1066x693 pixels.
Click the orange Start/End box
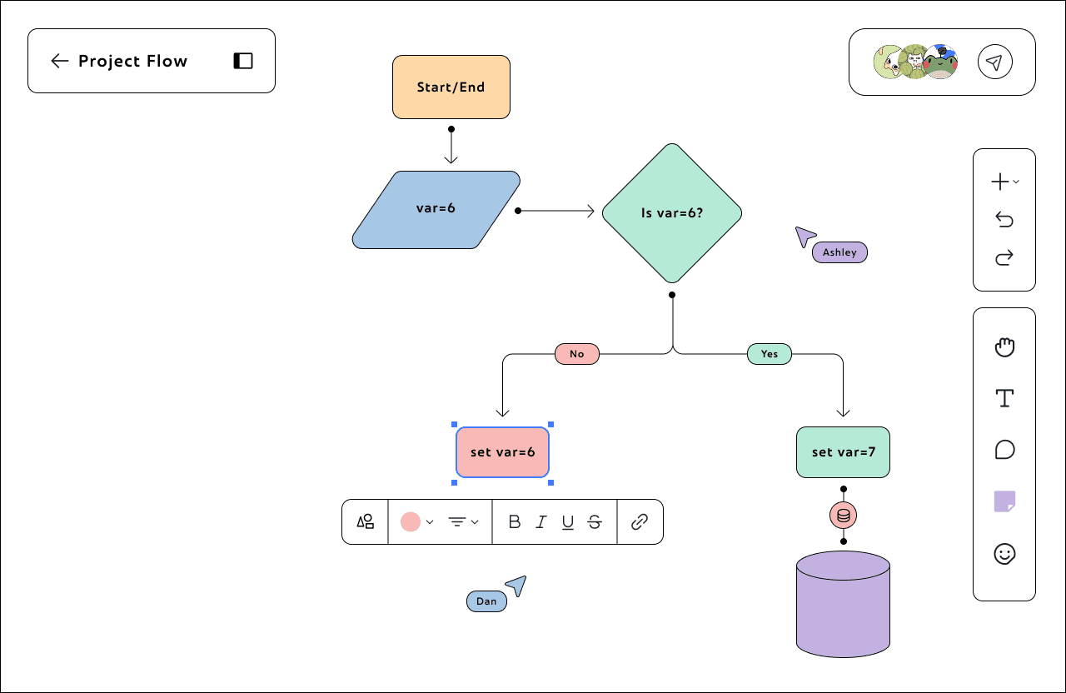[451, 87]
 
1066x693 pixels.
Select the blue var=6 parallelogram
[436, 209]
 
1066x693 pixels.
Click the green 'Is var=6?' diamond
[672, 213]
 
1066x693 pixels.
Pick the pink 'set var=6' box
[502, 452]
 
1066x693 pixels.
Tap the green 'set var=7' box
[843, 452]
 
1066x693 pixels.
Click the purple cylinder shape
[843, 605]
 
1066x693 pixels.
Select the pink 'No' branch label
[577, 354]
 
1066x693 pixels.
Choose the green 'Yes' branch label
[769, 354]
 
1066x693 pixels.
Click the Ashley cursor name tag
[839, 252]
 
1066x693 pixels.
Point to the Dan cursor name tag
[486, 601]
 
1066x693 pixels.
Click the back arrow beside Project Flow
[59, 61]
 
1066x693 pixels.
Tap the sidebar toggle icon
[242, 61]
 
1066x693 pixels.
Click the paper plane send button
[994, 62]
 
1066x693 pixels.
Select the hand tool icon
[1004, 347]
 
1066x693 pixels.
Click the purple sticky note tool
[1004, 501]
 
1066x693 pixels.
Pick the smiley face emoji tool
[1004, 554]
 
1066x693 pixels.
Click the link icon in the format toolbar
[639, 522]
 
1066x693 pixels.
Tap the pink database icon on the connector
[843, 515]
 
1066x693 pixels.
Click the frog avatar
[940, 62]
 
